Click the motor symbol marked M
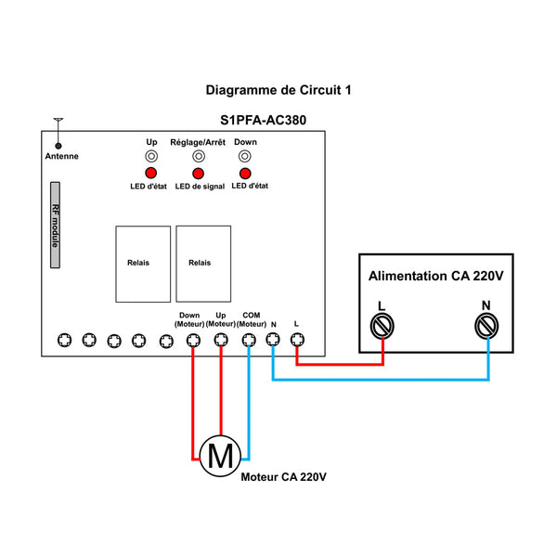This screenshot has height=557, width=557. pos(220,456)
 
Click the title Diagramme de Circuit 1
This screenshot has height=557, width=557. pos(278,91)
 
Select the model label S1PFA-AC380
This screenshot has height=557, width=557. pos(264,120)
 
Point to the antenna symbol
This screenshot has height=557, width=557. pos(58,133)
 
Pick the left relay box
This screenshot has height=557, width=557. pos(143,264)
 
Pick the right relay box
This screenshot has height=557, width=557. pos(202,264)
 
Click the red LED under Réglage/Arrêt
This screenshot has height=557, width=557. pos(197,175)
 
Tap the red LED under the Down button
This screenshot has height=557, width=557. pos(245,175)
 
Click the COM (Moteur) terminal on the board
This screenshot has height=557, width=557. pos(249,340)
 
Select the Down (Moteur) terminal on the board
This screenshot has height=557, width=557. pos(193,340)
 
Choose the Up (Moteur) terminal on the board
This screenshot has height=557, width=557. pos(221,340)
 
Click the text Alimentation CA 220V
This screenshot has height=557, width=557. pos(435,277)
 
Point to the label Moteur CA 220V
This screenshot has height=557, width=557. pos(284,477)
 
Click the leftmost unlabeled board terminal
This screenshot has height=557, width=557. pos(64,340)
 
